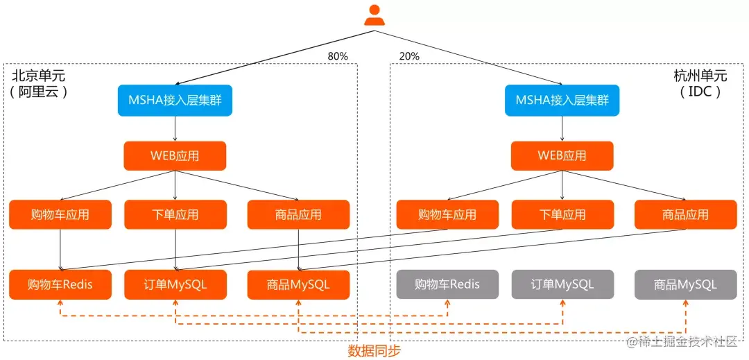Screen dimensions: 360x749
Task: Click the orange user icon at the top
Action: pyautogui.click(x=374, y=16)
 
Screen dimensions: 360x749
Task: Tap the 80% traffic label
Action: pyautogui.click(x=338, y=56)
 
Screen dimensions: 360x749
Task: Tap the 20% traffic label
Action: pyautogui.click(x=409, y=56)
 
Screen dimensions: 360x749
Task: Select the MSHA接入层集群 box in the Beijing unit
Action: pyautogui.click(x=175, y=101)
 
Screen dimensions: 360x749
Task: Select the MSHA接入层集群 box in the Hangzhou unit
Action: pyautogui.click(x=562, y=101)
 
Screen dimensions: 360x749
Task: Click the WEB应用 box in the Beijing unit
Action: pyautogui.click(x=175, y=156)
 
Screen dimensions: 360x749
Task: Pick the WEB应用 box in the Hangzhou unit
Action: pyautogui.click(x=562, y=156)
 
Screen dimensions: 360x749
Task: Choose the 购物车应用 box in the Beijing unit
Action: pyautogui.click(x=60, y=214)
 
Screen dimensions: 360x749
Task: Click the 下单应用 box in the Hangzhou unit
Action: pyautogui.click(x=562, y=214)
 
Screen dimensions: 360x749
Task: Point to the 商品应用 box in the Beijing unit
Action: pyautogui.click(x=298, y=214)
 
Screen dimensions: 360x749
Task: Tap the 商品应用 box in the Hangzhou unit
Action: pyautogui.click(x=685, y=214)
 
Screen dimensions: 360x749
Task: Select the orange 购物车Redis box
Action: pyautogui.click(x=60, y=284)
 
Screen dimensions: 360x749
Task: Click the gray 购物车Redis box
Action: pyautogui.click(x=447, y=284)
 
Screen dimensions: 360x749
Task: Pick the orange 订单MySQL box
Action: pyautogui.click(x=175, y=284)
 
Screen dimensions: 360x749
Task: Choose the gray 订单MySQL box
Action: pyautogui.click(x=562, y=284)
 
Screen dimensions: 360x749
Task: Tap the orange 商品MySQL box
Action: pyautogui.click(x=298, y=284)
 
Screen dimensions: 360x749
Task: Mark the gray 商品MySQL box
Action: pyautogui.click(x=685, y=284)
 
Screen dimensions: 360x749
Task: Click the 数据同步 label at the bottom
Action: pyautogui.click(x=374, y=351)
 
